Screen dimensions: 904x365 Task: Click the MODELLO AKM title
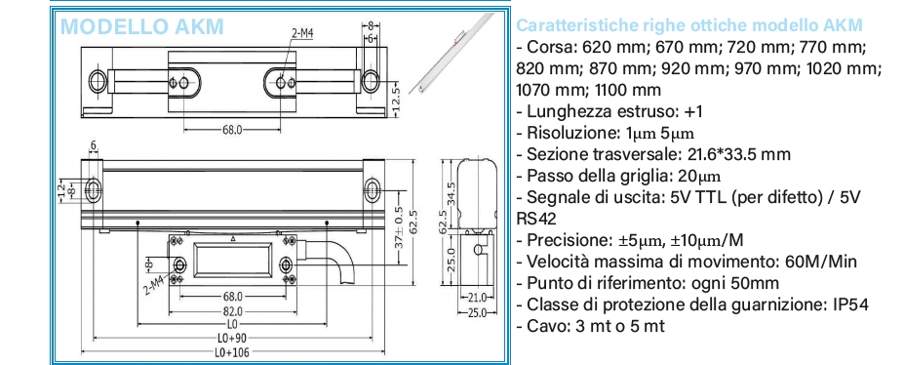point(141,26)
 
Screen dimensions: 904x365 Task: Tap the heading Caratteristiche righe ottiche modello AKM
point(689,25)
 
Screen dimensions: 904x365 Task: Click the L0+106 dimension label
point(231,353)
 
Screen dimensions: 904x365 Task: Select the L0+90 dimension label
point(231,338)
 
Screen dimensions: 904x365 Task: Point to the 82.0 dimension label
point(231,311)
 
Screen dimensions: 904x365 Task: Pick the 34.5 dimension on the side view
point(452,196)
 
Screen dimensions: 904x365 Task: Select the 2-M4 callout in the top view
point(301,33)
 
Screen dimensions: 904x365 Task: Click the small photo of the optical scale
point(450,53)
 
